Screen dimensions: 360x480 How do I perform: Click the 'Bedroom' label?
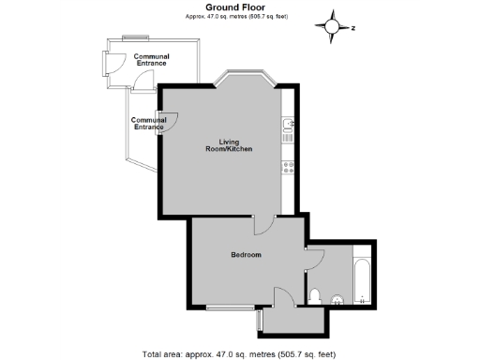click(x=246, y=255)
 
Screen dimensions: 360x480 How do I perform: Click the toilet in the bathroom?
click(x=316, y=297)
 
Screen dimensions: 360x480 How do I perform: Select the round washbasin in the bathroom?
click(x=337, y=300)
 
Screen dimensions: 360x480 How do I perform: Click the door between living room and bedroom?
click(x=263, y=223)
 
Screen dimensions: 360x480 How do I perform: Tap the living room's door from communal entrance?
click(x=167, y=122)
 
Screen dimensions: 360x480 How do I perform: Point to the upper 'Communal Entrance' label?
click(x=151, y=59)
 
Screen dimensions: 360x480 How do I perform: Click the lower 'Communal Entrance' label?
click(x=148, y=123)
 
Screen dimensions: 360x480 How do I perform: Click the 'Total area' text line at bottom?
click(x=240, y=353)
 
